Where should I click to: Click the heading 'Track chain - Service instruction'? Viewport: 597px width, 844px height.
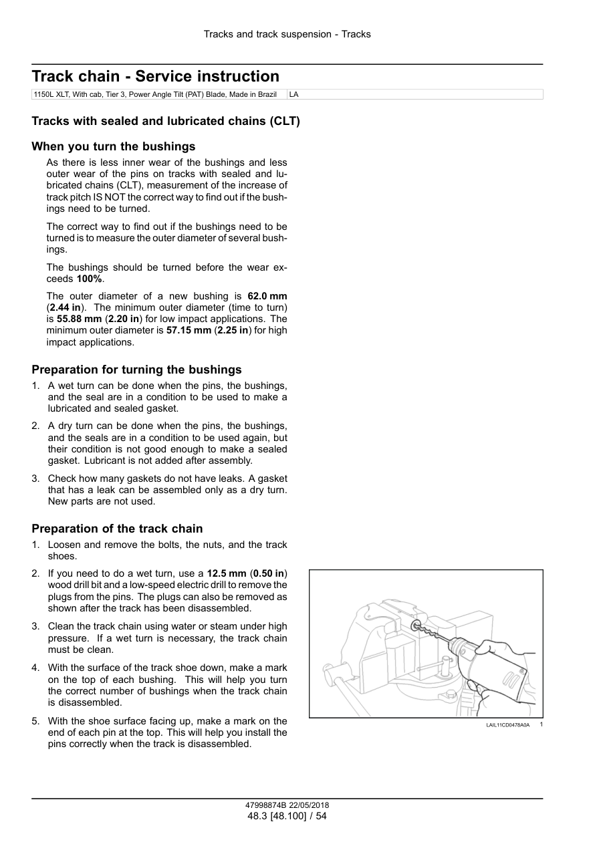(155, 76)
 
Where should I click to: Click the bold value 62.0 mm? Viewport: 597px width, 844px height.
(267, 296)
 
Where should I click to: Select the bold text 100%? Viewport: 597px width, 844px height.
(90, 279)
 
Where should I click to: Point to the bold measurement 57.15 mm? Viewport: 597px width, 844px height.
(188, 330)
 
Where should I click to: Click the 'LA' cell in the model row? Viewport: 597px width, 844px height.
(293, 95)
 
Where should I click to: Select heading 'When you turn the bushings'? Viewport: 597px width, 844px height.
(114, 146)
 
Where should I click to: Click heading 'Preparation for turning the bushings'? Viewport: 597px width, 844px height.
(137, 370)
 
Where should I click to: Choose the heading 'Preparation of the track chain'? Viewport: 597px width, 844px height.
(117, 529)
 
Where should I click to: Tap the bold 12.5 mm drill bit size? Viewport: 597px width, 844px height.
(226, 573)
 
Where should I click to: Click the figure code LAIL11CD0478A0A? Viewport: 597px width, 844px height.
(507, 725)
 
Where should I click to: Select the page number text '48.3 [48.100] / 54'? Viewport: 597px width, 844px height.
(287, 816)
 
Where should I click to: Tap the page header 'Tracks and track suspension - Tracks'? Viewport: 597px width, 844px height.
(287, 34)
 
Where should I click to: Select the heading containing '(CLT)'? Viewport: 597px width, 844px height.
(166, 122)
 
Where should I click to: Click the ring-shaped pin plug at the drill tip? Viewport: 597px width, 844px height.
(416, 625)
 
